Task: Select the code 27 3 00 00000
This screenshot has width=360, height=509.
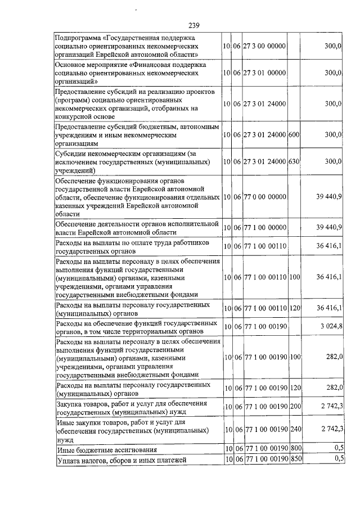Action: tap(265, 46)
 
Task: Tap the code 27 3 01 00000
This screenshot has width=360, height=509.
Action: tap(265, 73)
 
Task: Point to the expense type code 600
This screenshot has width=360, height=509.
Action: tap(294, 135)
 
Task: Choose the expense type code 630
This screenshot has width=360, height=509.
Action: tap(294, 161)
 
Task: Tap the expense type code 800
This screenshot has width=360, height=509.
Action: tap(295, 449)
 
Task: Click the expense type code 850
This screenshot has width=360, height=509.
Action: tap(295, 460)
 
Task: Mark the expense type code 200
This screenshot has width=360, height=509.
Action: tap(295, 407)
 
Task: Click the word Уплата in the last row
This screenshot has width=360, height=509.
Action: tap(69, 461)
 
